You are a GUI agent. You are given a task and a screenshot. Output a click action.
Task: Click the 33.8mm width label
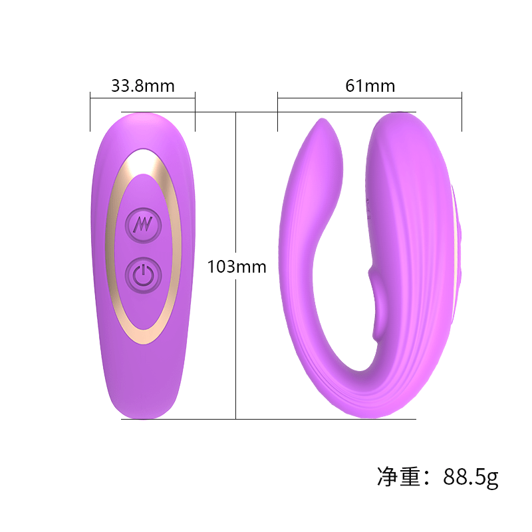(142, 86)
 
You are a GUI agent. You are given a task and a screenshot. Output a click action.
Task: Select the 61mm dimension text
(370, 86)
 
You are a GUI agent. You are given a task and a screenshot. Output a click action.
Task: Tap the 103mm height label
(237, 267)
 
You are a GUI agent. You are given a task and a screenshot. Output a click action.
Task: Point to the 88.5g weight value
(470, 477)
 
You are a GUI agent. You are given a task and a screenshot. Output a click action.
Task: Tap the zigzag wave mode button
(144, 223)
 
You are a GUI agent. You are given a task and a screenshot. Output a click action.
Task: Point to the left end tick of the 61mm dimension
(277, 112)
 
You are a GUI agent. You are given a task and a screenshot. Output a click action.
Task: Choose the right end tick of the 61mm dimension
(462, 112)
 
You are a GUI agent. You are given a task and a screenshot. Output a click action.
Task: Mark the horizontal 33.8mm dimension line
(142, 98)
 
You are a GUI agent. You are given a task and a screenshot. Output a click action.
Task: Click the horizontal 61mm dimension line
(370, 98)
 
